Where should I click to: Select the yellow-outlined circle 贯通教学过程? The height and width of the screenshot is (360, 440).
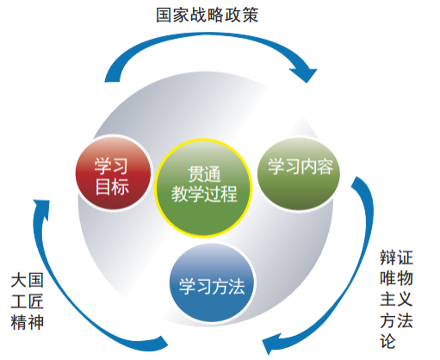pos(206,182)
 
